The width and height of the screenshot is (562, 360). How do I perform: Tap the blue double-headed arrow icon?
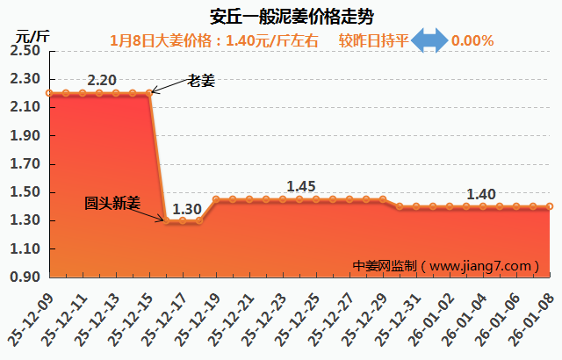pos(430,40)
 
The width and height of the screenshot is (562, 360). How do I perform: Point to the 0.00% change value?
pos(472,40)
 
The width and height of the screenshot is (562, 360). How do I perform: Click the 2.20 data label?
pos(102,80)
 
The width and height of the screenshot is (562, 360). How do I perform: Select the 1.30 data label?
pos(186,209)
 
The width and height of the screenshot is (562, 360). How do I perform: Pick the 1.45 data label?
pos(301,186)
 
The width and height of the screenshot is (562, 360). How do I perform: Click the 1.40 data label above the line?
pos(481,194)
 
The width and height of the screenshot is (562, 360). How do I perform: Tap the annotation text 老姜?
pos(201,81)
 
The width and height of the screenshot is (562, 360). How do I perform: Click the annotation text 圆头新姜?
pos(112,202)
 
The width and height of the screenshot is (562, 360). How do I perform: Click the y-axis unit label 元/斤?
pos(33,35)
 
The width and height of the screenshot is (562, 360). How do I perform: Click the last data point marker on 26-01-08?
pos(550,206)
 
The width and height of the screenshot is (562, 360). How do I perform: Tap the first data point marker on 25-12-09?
pos(49,93)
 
